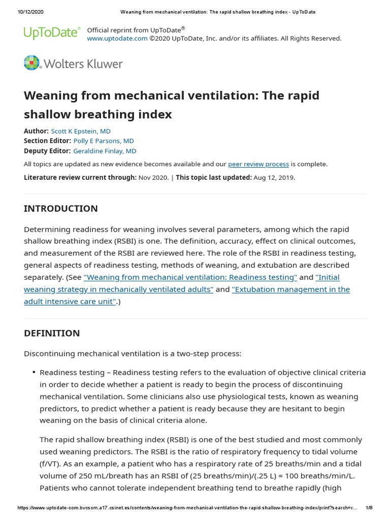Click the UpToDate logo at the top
pyautogui.click(x=52, y=33)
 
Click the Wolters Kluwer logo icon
pyautogui.click(x=31, y=63)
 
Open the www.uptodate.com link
pyautogui.click(x=117, y=38)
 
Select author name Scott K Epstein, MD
pyautogui.click(x=81, y=131)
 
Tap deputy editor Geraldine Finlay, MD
pyautogui.click(x=105, y=151)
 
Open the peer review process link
pyautogui.click(x=258, y=164)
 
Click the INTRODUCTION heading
pyautogui.click(x=61, y=209)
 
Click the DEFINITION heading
pyautogui.click(x=52, y=333)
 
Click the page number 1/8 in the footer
pyautogui.click(x=369, y=508)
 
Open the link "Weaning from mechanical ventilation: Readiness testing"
pyautogui.click(x=190, y=277)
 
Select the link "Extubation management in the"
pyautogui.click(x=291, y=289)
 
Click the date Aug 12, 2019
pyautogui.click(x=273, y=177)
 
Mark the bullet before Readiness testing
pyautogui.click(x=33, y=373)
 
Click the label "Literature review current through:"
pyautogui.click(x=80, y=177)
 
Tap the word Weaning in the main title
pyautogui.click(x=54, y=95)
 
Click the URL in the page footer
pyautogui.click(x=188, y=508)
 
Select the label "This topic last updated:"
pyautogui.click(x=214, y=177)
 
